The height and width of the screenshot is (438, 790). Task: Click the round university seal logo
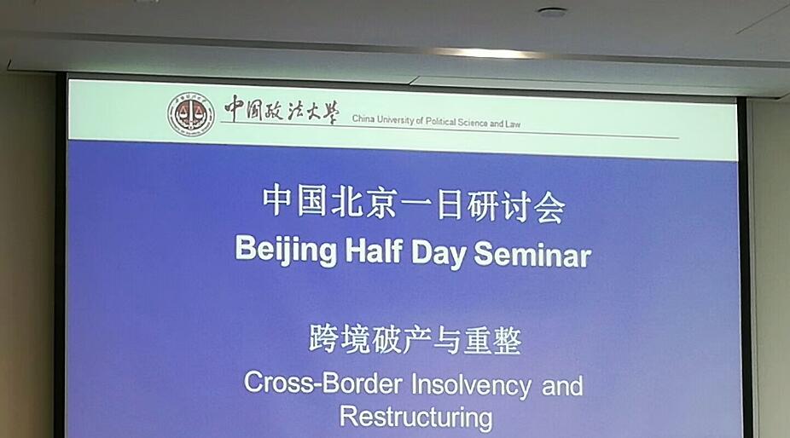click(x=191, y=114)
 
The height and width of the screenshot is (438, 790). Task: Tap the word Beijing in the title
click(x=286, y=251)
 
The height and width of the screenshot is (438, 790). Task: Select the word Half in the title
click(x=374, y=250)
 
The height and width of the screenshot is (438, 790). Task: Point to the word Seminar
click(x=532, y=254)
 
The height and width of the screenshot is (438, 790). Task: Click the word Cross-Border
click(x=323, y=383)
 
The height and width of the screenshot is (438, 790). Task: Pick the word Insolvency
click(x=471, y=386)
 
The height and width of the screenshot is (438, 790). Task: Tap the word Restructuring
click(x=415, y=418)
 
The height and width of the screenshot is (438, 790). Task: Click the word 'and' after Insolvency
click(x=562, y=386)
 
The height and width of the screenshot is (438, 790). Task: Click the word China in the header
click(x=363, y=118)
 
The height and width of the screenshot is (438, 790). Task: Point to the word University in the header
click(x=395, y=120)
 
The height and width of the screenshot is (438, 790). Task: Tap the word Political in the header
click(x=440, y=121)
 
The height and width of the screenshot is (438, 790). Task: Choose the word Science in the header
click(x=473, y=123)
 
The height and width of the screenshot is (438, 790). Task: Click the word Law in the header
click(x=513, y=124)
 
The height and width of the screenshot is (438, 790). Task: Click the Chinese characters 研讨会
click(x=516, y=207)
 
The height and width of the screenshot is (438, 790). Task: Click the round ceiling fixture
click(x=552, y=12)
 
